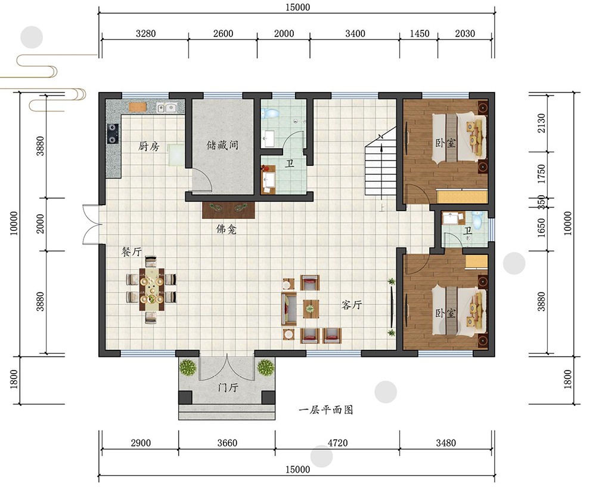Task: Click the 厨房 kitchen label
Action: (x=148, y=146)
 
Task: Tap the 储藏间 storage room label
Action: (x=222, y=145)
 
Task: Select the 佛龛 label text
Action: (x=226, y=229)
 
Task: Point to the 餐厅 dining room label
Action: (x=132, y=251)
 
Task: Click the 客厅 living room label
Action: (x=352, y=304)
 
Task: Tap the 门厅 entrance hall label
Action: (x=228, y=387)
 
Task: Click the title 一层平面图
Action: (x=326, y=409)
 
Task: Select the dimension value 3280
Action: (x=146, y=33)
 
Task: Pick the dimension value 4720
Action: (x=337, y=443)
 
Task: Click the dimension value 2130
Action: (x=541, y=123)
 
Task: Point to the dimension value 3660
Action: (x=227, y=443)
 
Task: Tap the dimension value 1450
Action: (x=420, y=33)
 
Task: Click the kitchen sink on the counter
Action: (x=167, y=108)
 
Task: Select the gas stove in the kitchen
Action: (x=113, y=133)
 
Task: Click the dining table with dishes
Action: (x=151, y=289)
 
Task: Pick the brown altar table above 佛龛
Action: (x=228, y=210)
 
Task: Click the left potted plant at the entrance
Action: (x=188, y=368)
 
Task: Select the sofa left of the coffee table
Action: (x=289, y=309)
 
